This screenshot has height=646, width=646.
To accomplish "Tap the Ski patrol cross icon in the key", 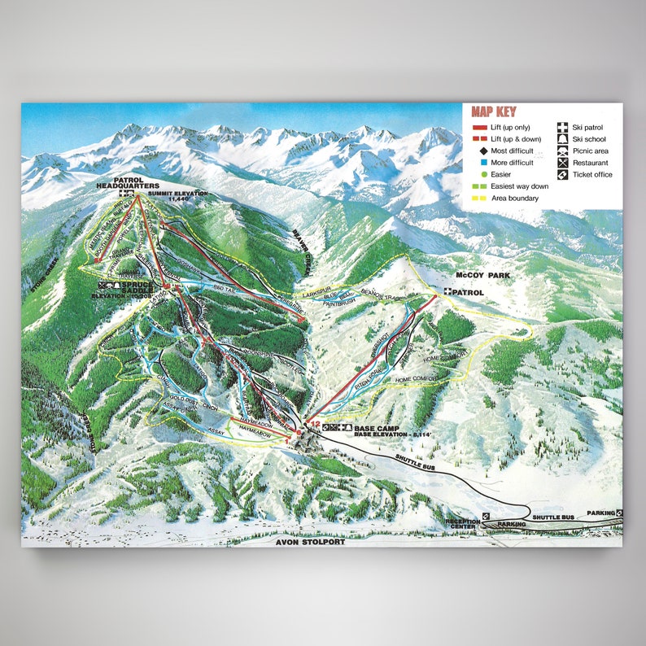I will click(x=562, y=128).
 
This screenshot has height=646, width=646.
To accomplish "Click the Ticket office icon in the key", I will click(x=562, y=175).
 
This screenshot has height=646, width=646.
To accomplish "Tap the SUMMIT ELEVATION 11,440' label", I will click(x=178, y=194).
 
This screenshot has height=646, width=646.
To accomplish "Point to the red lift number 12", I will click(x=313, y=423).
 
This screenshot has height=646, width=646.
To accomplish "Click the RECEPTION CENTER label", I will click(x=464, y=525).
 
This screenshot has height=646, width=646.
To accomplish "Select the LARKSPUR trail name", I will click(x=316, y=290).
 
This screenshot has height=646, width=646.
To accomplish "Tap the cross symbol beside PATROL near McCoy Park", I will click(x=447, y=292).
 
